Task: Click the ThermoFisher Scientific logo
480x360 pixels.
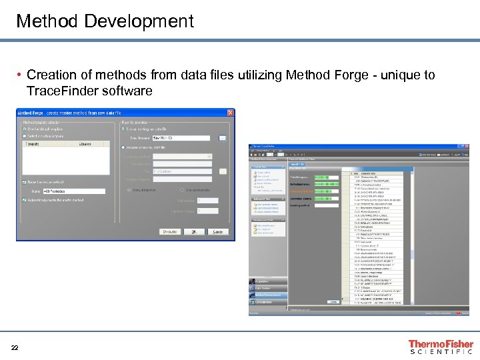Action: tap(441, 347)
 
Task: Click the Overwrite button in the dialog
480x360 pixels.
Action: tap(170, 232)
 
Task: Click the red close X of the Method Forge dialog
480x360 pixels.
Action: tap(230, 113)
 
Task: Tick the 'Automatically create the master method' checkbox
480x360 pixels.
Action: tap(25, 200)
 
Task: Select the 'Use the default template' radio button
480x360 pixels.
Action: tap(25, 129)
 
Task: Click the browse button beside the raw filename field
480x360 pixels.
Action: tap(223, 138)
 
